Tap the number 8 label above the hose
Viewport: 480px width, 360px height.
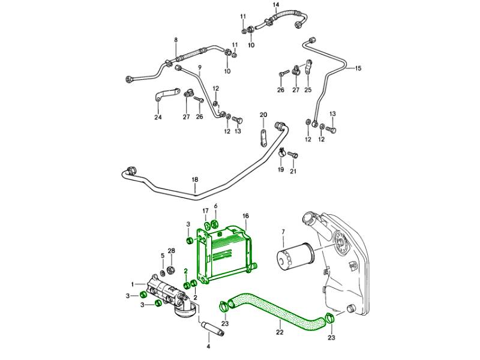click(176, 40)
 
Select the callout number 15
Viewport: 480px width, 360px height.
click(358, 68)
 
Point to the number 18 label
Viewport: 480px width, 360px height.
click(194, 180)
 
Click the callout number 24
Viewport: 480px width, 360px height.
click(158, 117)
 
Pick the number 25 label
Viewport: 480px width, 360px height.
click(308, 90)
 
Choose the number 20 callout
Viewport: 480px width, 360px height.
click(263, 114)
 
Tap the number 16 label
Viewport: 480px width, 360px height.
click(245, 215)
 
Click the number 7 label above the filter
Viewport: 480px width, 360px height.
click(283, 231)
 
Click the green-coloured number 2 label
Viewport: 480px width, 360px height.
click(186, 271)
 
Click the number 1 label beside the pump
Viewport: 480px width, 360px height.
click(133, 284)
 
